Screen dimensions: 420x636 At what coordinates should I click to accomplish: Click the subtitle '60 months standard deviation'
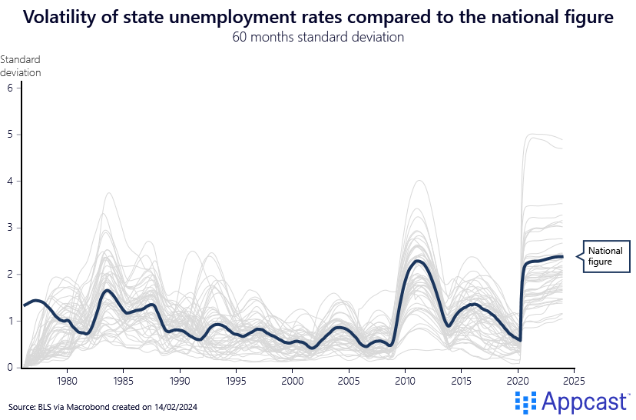pyautogui.click(x=318, y=38)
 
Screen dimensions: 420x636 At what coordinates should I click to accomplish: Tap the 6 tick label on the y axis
pyautogui.click(x=10, y=88)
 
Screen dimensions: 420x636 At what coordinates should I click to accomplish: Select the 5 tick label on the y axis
pyautogui.click(x=10, y=135)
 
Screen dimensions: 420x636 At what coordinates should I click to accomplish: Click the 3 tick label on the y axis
pyautogui.click(x=10, y=228)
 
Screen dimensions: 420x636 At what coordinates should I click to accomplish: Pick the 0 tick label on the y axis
pyautogui.click(x=10, y=368)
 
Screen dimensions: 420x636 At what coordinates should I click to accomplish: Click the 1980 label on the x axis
pyautogui.click(x=67, y=381)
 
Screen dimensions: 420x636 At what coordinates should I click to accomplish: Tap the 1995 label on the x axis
pyautogui.click(x=236, y=381)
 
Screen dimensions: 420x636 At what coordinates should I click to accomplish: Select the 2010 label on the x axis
pyautogui.click(x=405, y=381)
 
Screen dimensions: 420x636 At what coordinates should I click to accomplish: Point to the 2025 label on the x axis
pyautogui.click(x=574, y=381)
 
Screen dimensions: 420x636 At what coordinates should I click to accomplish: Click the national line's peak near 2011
pyautogui.click(x=417, y=261)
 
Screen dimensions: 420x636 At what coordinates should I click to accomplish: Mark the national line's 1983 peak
pyautogui.click(x=108, y=290)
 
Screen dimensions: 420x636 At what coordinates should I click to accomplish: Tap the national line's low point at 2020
pyautogui.click(x=520, y=340)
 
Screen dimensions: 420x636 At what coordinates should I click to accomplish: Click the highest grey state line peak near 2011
pyautogui.click(x=419, y=181)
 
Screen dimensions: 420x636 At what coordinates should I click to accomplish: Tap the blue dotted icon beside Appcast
pyautogui.click(x=525, y=402)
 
